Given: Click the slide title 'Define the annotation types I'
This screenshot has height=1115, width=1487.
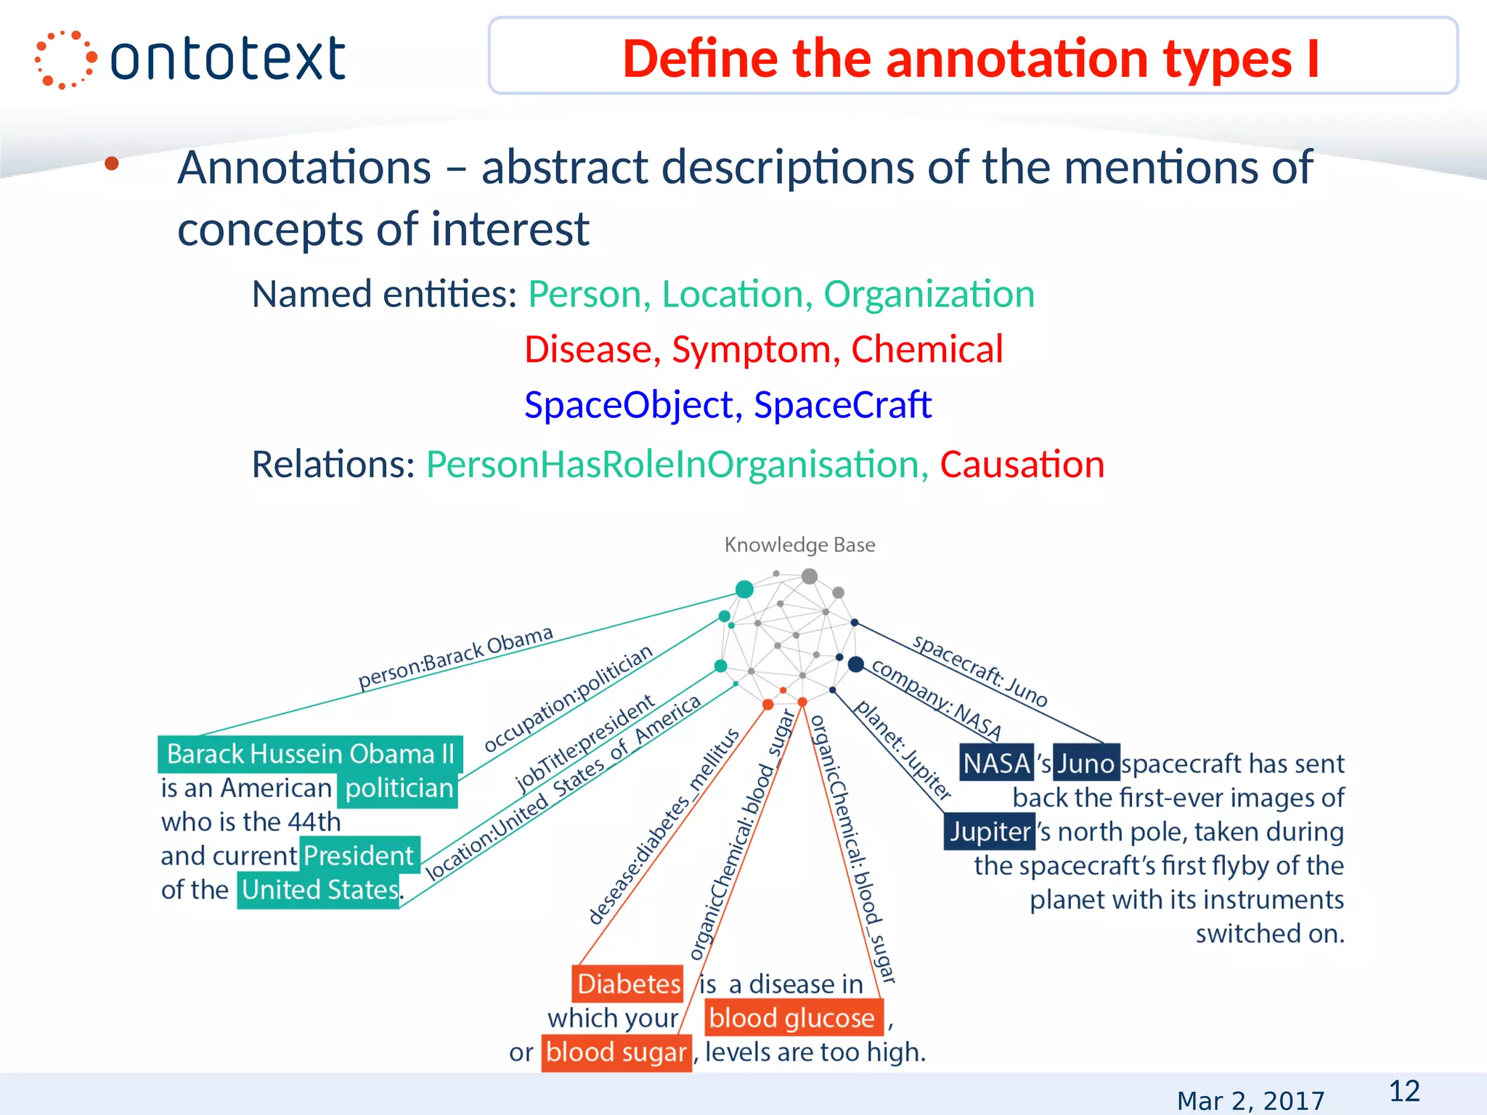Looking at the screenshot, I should point(971,58).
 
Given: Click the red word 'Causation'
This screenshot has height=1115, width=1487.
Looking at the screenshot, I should point(1022,465).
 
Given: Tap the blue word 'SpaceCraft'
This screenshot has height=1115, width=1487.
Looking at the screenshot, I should point(842,405).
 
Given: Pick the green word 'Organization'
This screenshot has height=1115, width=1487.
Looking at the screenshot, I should point(929,295).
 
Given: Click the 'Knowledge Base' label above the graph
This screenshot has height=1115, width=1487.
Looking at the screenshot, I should point(799,544).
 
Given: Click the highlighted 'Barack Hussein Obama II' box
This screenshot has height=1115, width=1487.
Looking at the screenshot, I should point(310,754).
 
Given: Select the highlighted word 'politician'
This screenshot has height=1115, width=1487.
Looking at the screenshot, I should point(399,788).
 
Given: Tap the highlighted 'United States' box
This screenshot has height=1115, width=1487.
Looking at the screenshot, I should point(319,890).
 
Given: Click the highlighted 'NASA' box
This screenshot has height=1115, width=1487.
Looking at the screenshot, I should point(996,763).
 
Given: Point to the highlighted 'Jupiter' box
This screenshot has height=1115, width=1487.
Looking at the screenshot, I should point(989,832).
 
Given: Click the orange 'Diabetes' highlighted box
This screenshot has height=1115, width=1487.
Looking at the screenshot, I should point(628,984).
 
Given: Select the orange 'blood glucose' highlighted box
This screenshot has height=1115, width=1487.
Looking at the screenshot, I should point(792,1018).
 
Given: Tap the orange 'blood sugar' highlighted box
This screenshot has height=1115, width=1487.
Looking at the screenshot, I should point(616,1053).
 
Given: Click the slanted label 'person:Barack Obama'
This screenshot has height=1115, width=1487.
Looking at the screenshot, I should point(455,658).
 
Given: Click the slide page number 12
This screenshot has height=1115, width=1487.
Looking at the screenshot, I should point(1404,1091).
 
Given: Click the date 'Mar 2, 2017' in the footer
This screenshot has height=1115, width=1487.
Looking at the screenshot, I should point(1250,1100).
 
